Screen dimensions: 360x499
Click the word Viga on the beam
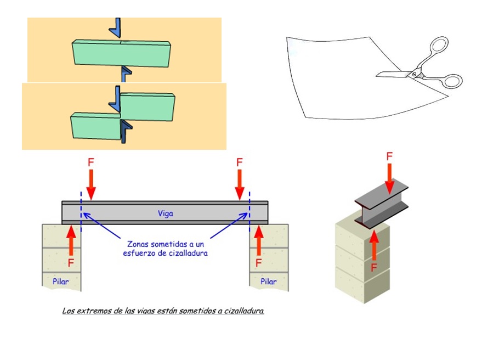point(165,213)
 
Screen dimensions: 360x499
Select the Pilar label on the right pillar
point(268,282)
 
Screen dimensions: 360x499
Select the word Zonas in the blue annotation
point(139,243)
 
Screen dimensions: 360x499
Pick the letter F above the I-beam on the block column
point(389,156)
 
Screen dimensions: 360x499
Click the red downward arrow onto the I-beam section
point(389,178)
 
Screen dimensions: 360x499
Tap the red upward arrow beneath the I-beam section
point(375,245)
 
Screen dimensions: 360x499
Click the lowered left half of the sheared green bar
point(95,126)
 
